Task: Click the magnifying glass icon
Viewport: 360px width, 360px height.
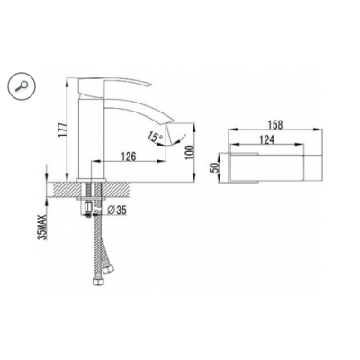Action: (22, 86)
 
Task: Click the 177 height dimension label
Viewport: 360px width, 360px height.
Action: (62, 130)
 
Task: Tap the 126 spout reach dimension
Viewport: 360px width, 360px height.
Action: (129, 157)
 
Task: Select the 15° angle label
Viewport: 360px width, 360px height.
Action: (154, 137)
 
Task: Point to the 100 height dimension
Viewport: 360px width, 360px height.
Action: (190, 152)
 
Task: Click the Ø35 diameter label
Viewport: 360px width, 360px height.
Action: (116, 211)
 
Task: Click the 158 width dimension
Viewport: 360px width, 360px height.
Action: (275, 125)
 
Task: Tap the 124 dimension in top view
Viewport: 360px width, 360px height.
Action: (266, 139)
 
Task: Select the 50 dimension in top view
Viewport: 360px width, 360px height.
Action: (214, 168)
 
